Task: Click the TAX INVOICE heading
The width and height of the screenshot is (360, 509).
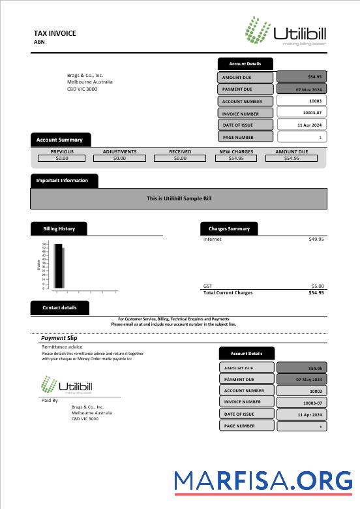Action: tap(55, 33)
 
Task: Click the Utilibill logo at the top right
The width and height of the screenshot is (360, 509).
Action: tap(285, 31)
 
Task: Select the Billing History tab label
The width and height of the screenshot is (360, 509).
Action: tap(59, 229)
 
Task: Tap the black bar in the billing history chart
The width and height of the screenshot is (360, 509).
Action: tap(58, 266)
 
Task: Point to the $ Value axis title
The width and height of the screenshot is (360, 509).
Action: tap(38, 265)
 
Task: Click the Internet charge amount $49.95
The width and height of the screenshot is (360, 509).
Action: tap(316, 239)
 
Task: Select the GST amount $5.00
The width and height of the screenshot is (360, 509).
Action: tap(318, 286)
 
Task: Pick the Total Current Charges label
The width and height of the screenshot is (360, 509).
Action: tap(228, 293)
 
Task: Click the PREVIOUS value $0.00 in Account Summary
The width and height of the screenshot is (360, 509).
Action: tap(62, 158)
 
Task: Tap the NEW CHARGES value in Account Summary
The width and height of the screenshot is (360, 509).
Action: tap(236, 158)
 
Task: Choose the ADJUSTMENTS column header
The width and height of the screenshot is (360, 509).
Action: tap(119, 151)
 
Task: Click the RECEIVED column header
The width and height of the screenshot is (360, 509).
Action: tap(180, 151)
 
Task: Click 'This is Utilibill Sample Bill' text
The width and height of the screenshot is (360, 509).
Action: tap(179, 198)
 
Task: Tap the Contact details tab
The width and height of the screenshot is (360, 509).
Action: tap(59, 307)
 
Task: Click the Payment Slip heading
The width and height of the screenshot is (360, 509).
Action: tap(59, 338)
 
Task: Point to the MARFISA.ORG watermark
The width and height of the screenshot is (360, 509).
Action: tap(263, 482)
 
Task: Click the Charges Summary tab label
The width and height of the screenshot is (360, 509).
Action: tap(229, 229)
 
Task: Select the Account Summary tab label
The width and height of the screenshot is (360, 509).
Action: tap(59, 140)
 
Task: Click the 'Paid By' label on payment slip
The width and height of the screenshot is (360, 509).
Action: tap(50, 400)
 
